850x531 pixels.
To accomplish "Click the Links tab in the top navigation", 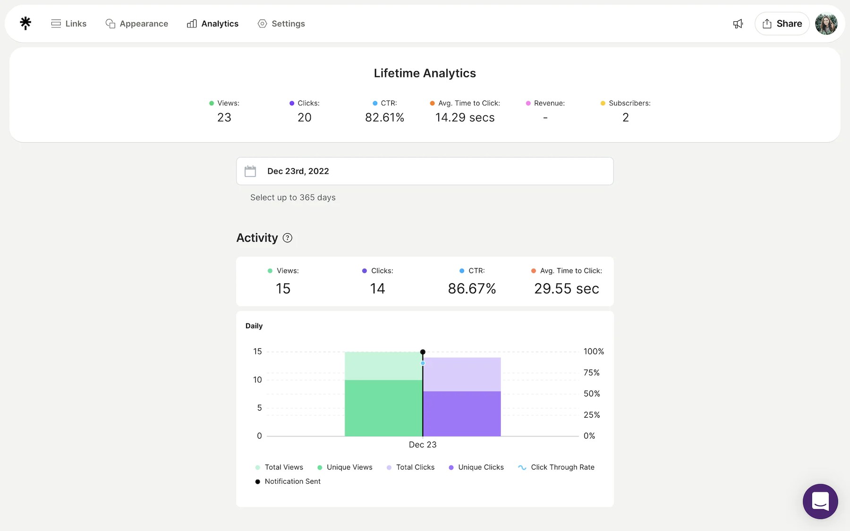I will (69, 24).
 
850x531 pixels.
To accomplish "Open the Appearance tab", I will (137, 24).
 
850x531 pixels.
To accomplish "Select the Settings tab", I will (281, 24).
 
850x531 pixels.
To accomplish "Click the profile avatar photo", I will (826, 24).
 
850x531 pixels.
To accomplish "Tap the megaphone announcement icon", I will (738, 24).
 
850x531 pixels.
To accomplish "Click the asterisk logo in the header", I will (25, 23).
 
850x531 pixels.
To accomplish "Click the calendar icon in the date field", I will (250, 171).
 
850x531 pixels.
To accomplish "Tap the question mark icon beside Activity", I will (287, 238).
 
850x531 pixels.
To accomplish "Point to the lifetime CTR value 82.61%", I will (384, 118).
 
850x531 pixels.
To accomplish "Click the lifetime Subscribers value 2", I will (625, 118).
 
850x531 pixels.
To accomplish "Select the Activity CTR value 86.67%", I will (472, 288).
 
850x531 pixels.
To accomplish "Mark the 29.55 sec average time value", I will (566, 288).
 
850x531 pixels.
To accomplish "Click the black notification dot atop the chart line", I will (423, 352).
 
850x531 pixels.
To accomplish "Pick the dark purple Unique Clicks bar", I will (462, 413).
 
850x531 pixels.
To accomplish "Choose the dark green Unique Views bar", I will (383, 408).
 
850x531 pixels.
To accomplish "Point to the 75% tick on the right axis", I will (591, 373).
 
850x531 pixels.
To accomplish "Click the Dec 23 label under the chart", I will (423, 445).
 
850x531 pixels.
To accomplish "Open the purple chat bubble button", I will (820, 501).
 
